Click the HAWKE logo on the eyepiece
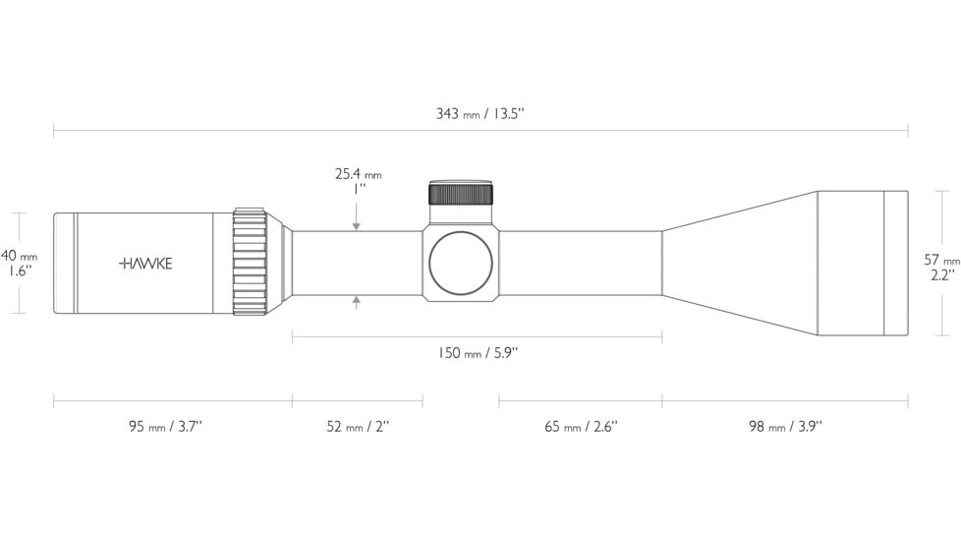(145, 264)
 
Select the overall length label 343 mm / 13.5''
(480, 114)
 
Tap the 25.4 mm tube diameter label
(358, 174)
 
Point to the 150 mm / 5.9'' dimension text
(478, 353)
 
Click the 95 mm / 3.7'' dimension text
(165, 426)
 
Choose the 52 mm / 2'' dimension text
(358, 426)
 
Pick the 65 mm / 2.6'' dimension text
(581, 426)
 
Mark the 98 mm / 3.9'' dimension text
(784, 426)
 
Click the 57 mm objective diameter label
(941, 261)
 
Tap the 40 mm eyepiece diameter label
(19, 256)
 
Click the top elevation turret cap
(460, 192)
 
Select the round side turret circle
(460, 262)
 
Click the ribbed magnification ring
(250, 263)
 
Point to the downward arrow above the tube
(357, 226)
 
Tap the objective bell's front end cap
(895, 263)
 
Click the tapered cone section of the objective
(739, 263)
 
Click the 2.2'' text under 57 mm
(941, 275)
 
